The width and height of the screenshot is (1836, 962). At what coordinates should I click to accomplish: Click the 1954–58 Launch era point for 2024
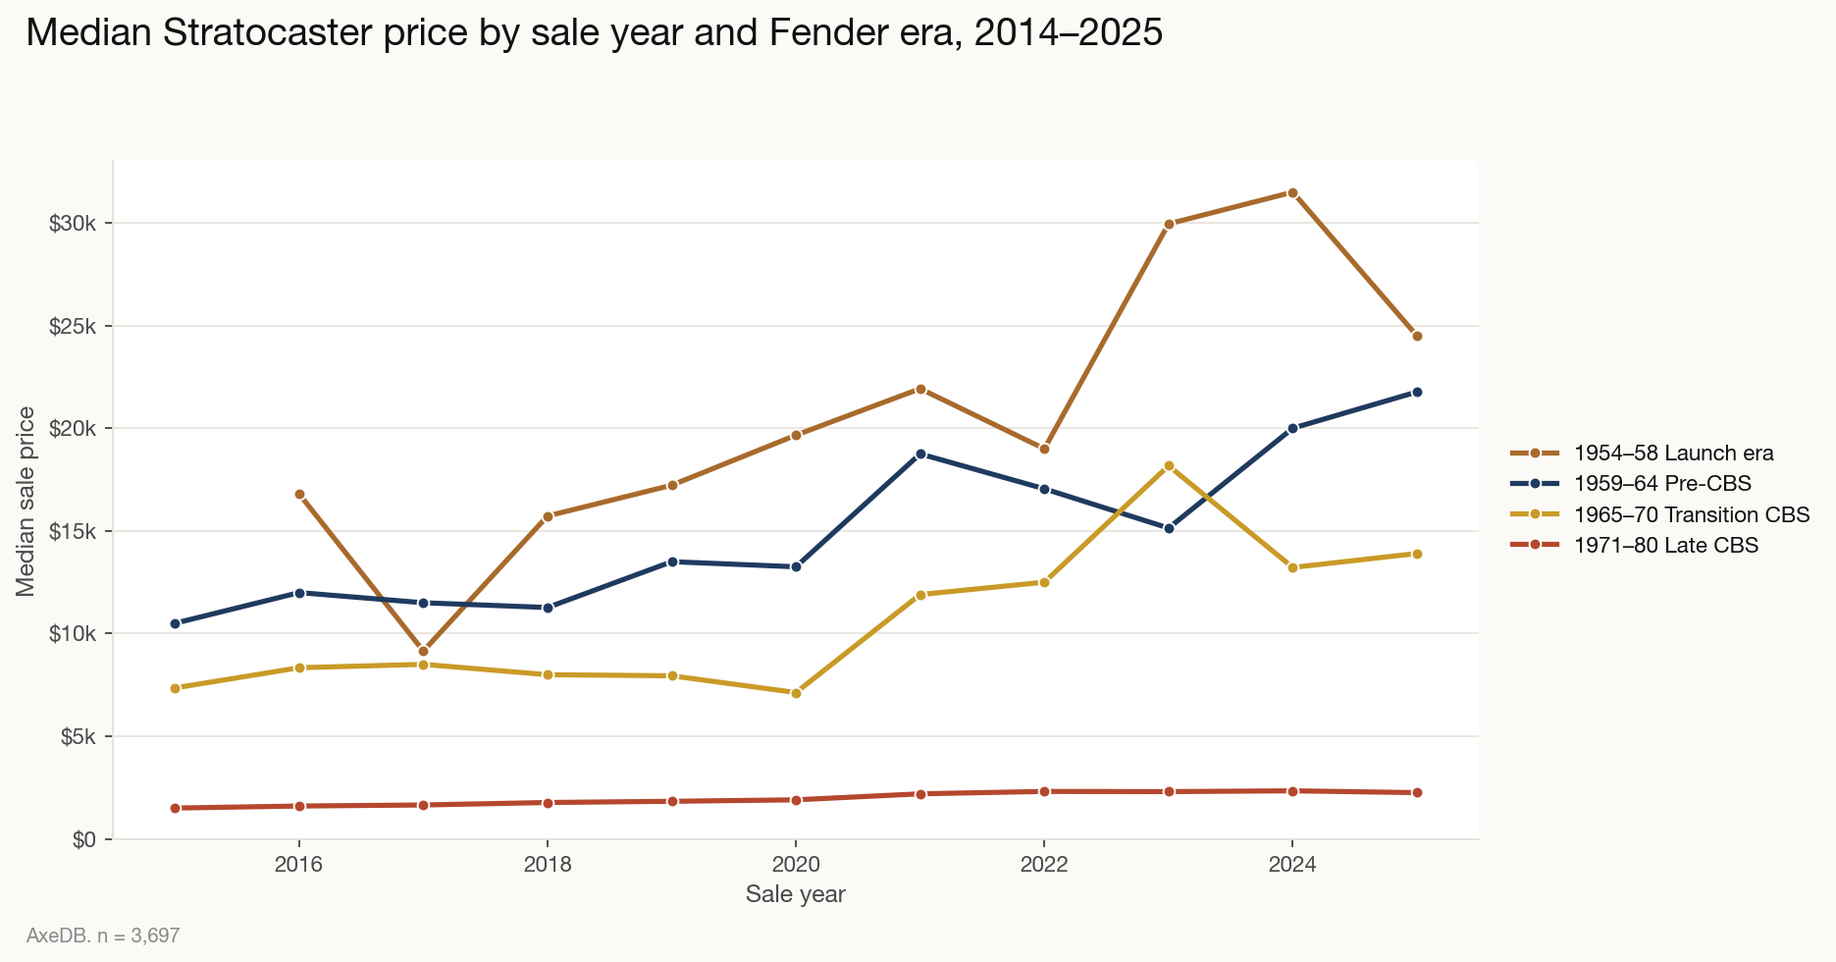pos(1292,192)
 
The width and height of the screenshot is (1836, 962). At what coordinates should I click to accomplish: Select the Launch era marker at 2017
pos(423,652)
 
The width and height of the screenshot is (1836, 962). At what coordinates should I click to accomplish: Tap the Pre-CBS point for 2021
pos(920,454)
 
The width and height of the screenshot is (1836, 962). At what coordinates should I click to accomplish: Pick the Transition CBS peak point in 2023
pos(1169,466)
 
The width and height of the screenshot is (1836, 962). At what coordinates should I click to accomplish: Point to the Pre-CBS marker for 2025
pos(1417,393)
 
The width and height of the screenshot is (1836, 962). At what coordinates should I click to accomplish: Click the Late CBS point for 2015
pos(176,808)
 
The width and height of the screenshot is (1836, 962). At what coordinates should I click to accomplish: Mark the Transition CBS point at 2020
pos(796,693)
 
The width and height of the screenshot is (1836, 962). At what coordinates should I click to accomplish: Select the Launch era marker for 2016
pos(299,495)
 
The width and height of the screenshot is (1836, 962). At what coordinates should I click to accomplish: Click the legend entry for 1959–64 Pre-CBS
pos(1661,483)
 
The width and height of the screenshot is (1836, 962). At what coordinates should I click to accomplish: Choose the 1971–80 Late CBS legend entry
pos(1665,545)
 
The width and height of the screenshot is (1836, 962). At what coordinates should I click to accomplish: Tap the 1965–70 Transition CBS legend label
pos(1691,514)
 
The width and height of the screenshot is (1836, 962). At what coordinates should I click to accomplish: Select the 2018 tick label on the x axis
pos(548,865)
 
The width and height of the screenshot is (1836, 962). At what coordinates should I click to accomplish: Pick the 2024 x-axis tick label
pos(1292,865)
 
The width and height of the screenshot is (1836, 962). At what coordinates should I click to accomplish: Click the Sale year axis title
pos(795,894)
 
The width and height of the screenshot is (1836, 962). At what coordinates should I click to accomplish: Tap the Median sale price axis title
pos(26,501)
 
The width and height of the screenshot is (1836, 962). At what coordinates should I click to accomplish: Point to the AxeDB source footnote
pos(103,935)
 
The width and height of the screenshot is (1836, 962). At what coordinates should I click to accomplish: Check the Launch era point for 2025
pos(1417,337)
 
